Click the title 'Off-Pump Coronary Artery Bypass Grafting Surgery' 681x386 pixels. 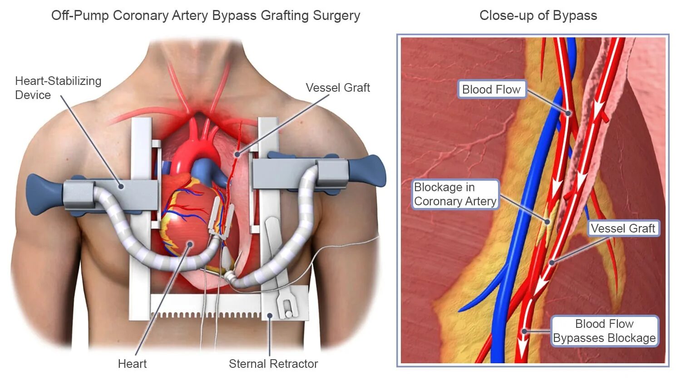click(205, 15)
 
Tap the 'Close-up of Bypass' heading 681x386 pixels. click(538, 15)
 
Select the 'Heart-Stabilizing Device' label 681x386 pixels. click(58, 88)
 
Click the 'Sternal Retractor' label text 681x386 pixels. click(273, 364)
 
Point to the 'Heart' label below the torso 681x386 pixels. click(132, 364)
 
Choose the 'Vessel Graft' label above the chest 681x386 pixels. click(338, 88)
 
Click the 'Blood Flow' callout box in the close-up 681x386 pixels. click(491, 89)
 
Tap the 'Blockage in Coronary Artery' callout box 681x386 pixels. click(455, 194)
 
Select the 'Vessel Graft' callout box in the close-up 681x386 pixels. click(623, 228)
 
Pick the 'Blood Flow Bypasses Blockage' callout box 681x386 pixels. click(604, 331)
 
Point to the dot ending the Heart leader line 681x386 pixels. click(190, 244)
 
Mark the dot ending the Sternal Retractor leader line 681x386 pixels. click(270, 316)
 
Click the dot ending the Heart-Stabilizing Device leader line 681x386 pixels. click(121, 185)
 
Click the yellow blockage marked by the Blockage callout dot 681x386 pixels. click(548, 221)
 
